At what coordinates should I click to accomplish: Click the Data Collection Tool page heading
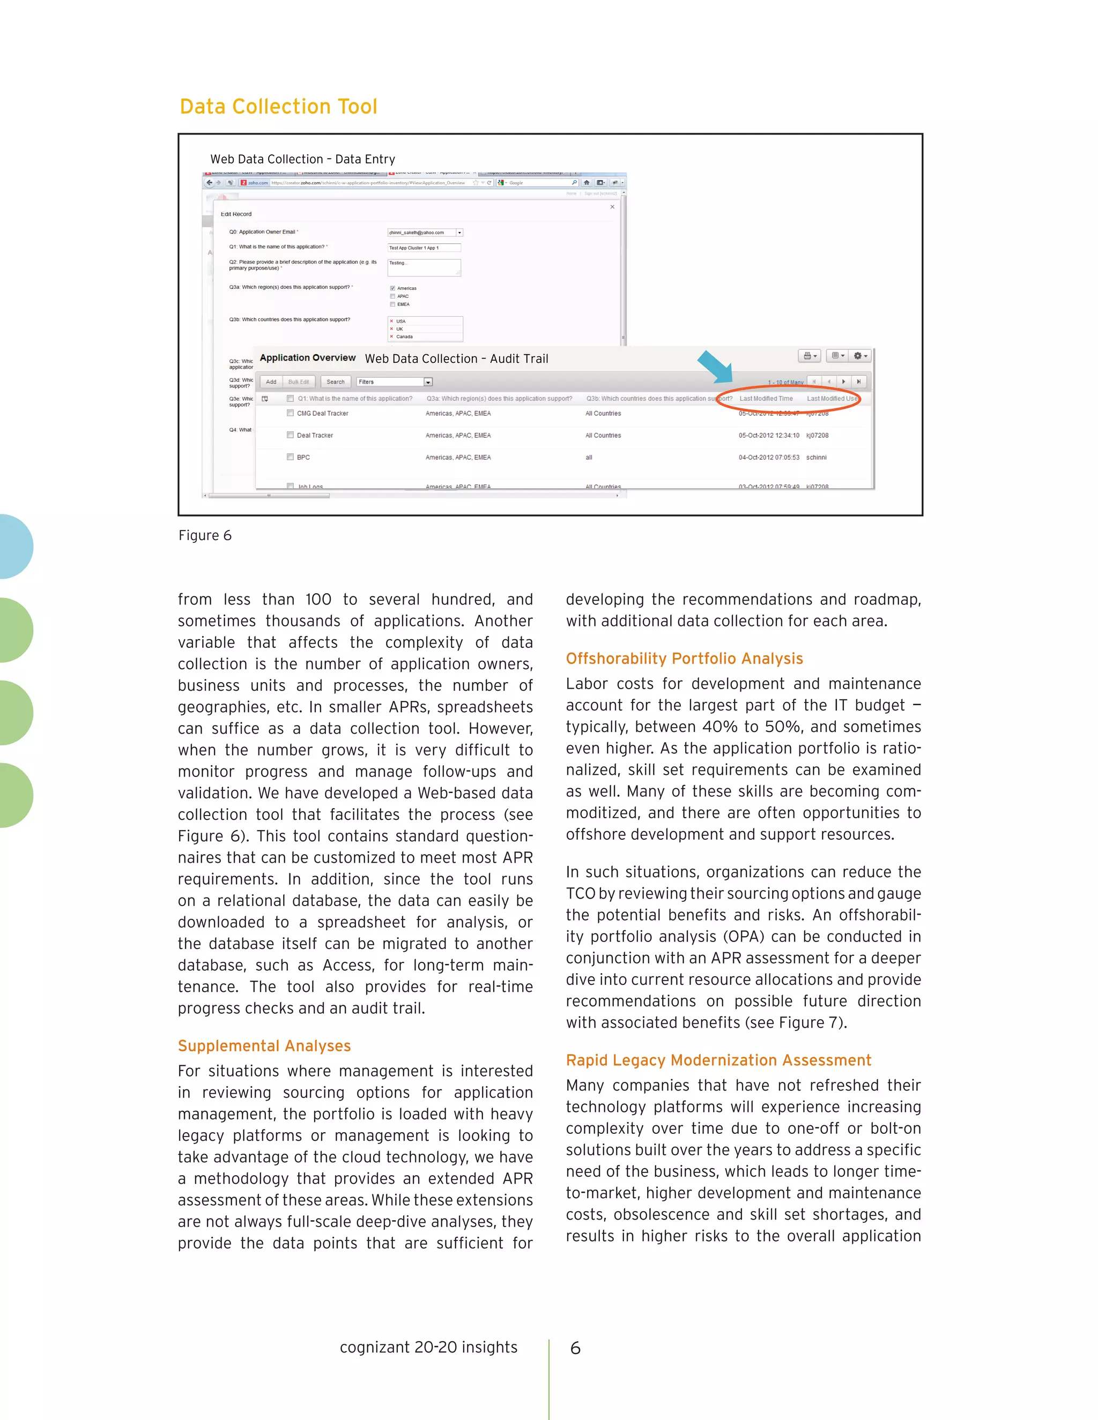pos(278,107)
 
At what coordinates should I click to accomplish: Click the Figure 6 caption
pos(205,535)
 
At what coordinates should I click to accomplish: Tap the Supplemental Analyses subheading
pos(264,1045)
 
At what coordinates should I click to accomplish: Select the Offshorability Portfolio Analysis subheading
pos(684,659)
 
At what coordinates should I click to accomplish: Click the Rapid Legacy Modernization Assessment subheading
pos(718,1060)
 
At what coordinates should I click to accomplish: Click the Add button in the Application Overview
pos(271,382)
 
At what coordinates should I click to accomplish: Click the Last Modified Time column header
pos(766,399)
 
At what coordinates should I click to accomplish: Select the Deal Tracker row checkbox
pos(290,435)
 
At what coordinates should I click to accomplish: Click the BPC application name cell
pos(303,457)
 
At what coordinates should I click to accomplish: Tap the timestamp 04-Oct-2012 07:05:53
pos(768,457)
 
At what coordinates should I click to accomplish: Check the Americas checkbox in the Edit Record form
pos(392,288)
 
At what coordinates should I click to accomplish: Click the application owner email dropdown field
pos(425,232)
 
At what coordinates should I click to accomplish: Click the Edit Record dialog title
pos(235,214)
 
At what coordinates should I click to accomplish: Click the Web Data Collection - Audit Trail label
pos(456,359)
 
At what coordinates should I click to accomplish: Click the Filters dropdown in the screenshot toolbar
pos(394,382)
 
